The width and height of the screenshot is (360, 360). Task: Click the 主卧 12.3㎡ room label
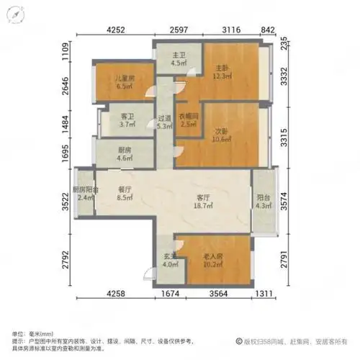tap(222, 72)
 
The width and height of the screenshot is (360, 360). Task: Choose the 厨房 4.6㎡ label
tap(124, 153)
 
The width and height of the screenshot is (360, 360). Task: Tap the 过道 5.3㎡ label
tap(163, 122)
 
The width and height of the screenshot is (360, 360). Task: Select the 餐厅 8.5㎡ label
tap(126, 194)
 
